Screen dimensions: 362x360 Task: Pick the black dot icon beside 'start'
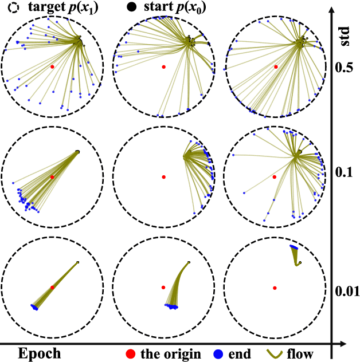click(132, 8)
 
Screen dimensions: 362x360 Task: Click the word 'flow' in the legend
click(309, 353)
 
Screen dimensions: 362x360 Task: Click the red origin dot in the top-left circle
click(52, 66)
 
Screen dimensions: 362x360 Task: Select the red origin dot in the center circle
click(164, 177)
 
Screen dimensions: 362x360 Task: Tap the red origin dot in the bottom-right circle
click(275, 288)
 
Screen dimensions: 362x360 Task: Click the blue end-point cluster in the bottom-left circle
click(34, 308)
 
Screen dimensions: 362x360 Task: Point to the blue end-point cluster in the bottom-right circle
click(294, 247)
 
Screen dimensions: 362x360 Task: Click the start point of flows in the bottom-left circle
click(77, 262)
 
